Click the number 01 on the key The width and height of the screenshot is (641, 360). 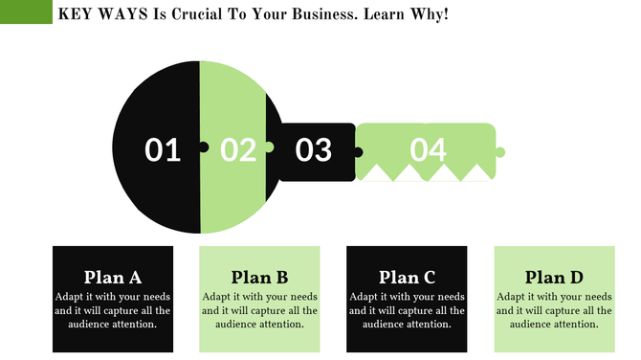click(163, 149)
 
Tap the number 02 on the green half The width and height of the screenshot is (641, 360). click(238, 149)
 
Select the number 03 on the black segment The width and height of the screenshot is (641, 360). click(313, 149)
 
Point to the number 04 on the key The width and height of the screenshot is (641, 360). click(429, 149)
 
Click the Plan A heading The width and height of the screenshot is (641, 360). click(113, 278)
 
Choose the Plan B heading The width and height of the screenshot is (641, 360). click(259, 278)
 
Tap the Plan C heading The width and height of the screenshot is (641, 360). click(407, 278)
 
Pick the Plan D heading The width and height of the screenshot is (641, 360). click(554, 278)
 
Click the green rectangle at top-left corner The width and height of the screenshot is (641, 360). click(26, 12)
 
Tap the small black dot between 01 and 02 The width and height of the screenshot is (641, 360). click(203, 147)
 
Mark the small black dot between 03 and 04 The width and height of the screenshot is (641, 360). click(358, 151)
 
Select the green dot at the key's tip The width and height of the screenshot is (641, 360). click(499, 152)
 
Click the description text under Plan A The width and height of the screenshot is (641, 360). click(113, 310)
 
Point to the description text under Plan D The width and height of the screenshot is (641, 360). click(554, 310)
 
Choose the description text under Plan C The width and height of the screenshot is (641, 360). click(407, 310)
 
